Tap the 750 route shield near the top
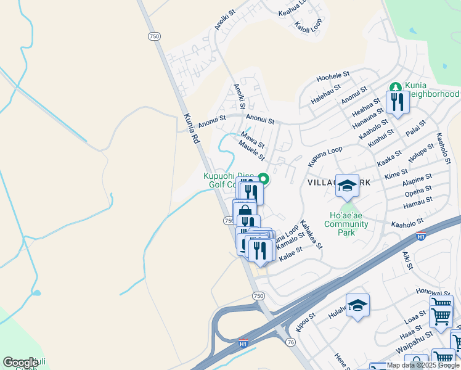point(154,37)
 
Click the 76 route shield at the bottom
point(291,342)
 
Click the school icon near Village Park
point(347,185)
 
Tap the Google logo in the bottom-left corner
point(20,362)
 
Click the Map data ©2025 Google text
point(423,365)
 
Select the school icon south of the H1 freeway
point(357,306)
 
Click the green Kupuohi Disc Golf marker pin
point(263,179)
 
